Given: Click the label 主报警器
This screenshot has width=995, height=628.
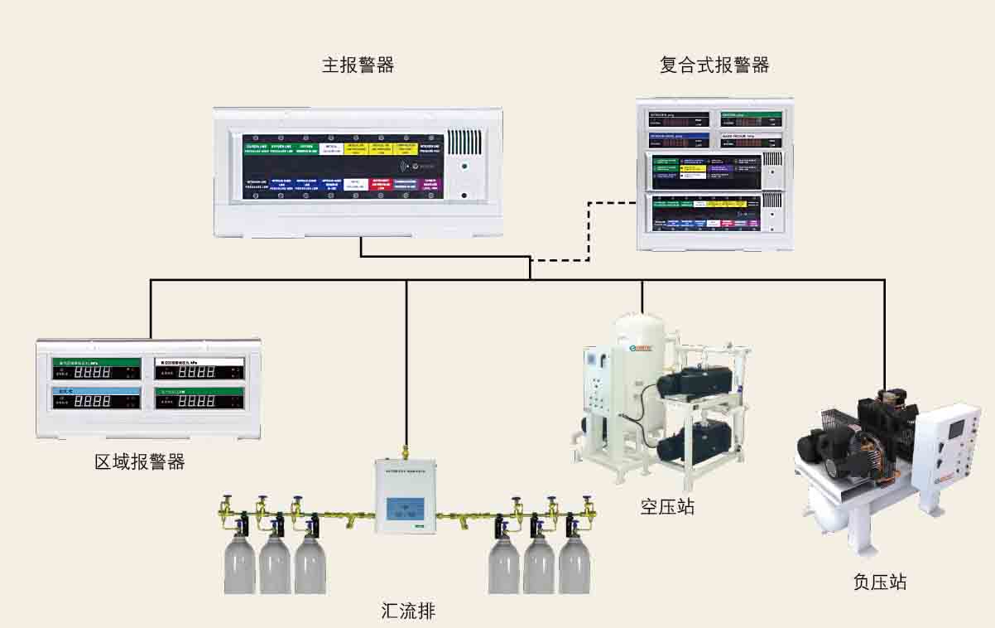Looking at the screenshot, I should tap(358, 65).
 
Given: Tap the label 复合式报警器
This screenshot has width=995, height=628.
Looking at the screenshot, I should tap(714, 65).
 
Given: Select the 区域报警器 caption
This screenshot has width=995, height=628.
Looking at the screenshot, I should tap(140, 461).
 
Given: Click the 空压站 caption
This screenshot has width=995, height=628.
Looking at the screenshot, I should tap(667, 505).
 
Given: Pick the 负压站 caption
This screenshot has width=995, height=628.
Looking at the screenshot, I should tap(879, 582).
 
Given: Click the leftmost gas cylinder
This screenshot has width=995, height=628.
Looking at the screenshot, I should tap(240, 563).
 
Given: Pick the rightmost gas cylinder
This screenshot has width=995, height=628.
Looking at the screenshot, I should tap(574, 563).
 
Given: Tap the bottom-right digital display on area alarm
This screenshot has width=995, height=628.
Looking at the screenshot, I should tap(199, 401).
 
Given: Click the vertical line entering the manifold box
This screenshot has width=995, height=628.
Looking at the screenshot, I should tap(406, 365).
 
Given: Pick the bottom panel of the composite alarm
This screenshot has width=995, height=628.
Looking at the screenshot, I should tap(714, 213).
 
